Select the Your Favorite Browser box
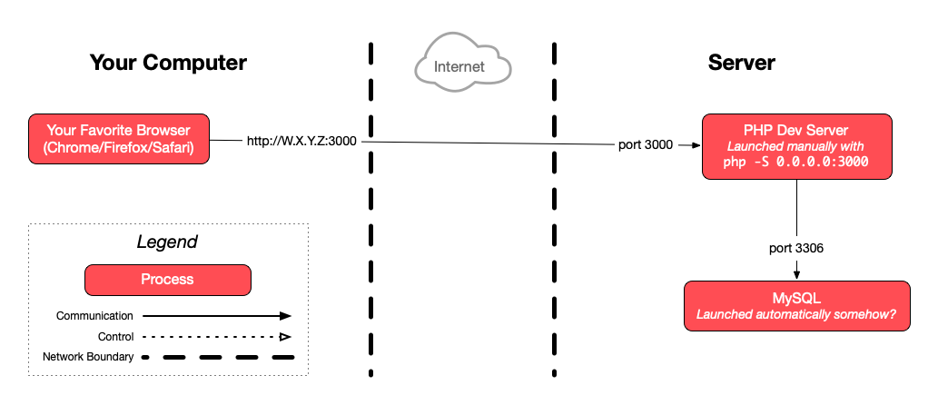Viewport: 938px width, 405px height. pos(119,139)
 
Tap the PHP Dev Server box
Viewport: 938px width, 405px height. pos(796,146)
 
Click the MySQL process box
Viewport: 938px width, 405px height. pos(796,306)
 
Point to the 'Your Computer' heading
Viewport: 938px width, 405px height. pos(168,63)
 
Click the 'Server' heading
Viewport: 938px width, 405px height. pos(742,63)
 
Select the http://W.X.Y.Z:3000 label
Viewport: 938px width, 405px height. pos(302,141)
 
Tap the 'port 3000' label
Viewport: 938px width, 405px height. pos(646,145)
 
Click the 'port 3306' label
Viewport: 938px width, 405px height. pos(796,247)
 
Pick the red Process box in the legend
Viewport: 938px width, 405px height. pos(167,280)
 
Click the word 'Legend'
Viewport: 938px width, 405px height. pos(167,242)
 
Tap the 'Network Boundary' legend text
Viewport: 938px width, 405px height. pos(88,357)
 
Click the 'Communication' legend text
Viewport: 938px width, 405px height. pos(94,316)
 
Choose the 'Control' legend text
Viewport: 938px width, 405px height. pos(114,337)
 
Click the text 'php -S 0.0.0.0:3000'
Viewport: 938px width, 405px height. pos(796,162)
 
